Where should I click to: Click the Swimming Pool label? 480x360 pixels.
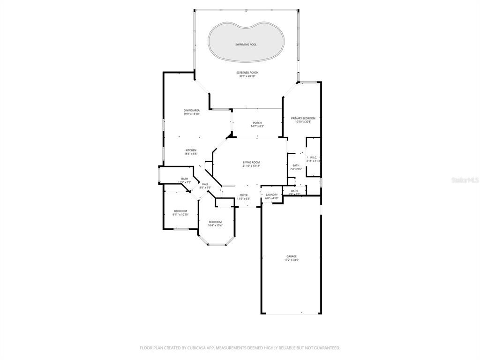pos(246,45)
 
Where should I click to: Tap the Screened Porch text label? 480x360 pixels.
pos(247,73)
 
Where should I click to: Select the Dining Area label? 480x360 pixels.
pos(191,110)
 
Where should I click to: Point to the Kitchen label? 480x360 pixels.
pos(190,150)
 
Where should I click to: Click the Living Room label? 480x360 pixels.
pos(251,162)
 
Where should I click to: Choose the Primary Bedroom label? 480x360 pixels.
pos(303,118)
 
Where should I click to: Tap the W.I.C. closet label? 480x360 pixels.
pos(314,157)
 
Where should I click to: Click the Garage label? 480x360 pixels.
pos(291,256)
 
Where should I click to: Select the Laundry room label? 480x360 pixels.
pos(272,195)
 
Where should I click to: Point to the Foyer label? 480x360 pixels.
pos(243,195)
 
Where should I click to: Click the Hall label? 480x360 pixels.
pos(205,184)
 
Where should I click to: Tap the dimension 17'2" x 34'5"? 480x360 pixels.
pos(291,260)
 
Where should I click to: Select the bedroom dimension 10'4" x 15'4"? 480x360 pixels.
pos(215,225)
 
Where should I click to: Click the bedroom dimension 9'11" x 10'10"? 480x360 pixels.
pos(180,215)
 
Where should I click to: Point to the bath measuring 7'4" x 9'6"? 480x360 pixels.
pos(296,169)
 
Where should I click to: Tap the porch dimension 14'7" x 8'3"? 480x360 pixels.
pos(257,127)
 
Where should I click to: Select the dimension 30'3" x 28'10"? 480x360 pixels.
pos(247,76)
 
